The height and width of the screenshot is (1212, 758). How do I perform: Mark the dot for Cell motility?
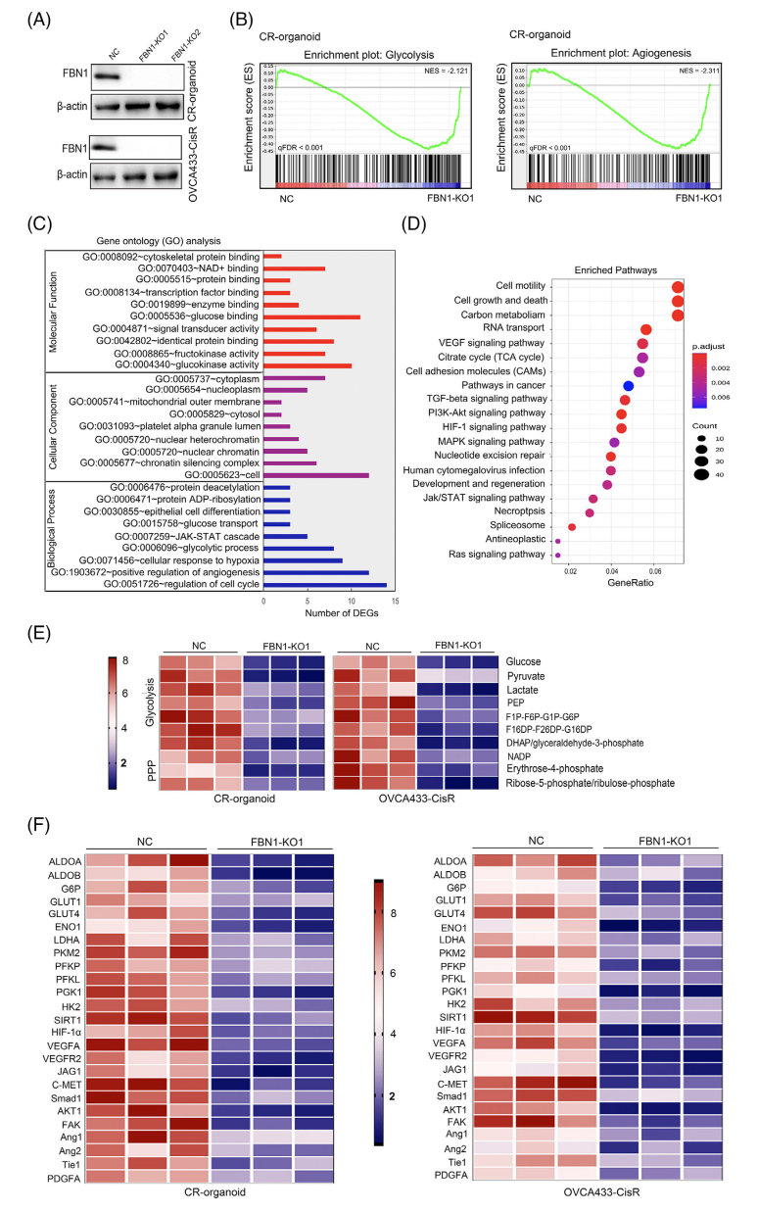[x=678, y=286]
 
